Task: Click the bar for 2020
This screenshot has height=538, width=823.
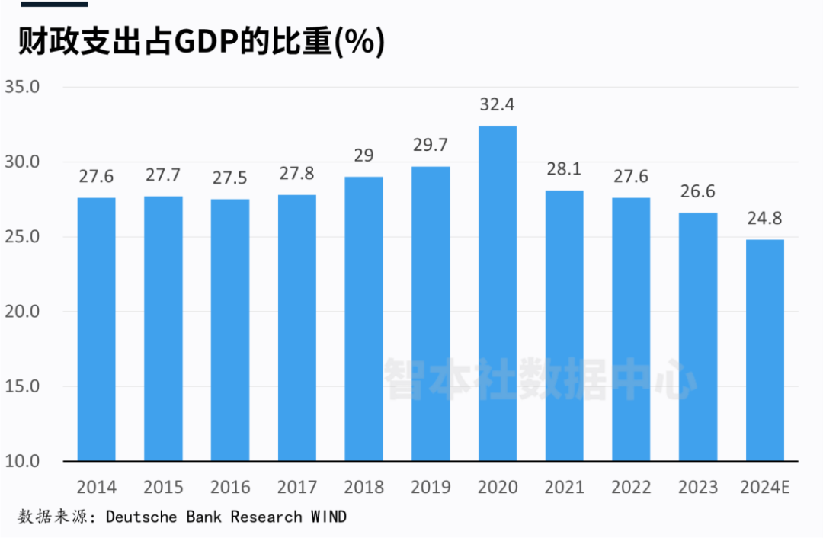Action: point(498,293)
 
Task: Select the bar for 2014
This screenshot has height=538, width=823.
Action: point(96,329)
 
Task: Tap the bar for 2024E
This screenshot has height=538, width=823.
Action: point(765,351)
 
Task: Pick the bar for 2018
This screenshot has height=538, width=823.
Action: point(363,319)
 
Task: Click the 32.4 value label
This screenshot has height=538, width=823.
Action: point(498,104)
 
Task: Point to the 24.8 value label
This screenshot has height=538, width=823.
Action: point(765,218)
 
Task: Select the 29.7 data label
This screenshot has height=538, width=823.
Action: point(431,145)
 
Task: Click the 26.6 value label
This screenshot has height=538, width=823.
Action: point(698,191)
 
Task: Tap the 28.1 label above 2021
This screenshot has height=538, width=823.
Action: point(565,168)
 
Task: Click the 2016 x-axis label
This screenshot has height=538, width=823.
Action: point(230,487)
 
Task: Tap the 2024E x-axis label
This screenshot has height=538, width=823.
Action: point(765,487)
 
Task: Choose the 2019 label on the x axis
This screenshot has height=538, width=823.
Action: point(431,487)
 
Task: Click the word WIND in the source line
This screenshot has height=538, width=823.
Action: point(328,517)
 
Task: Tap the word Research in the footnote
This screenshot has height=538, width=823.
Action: point(266,517)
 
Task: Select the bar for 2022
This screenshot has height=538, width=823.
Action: point(631,329)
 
